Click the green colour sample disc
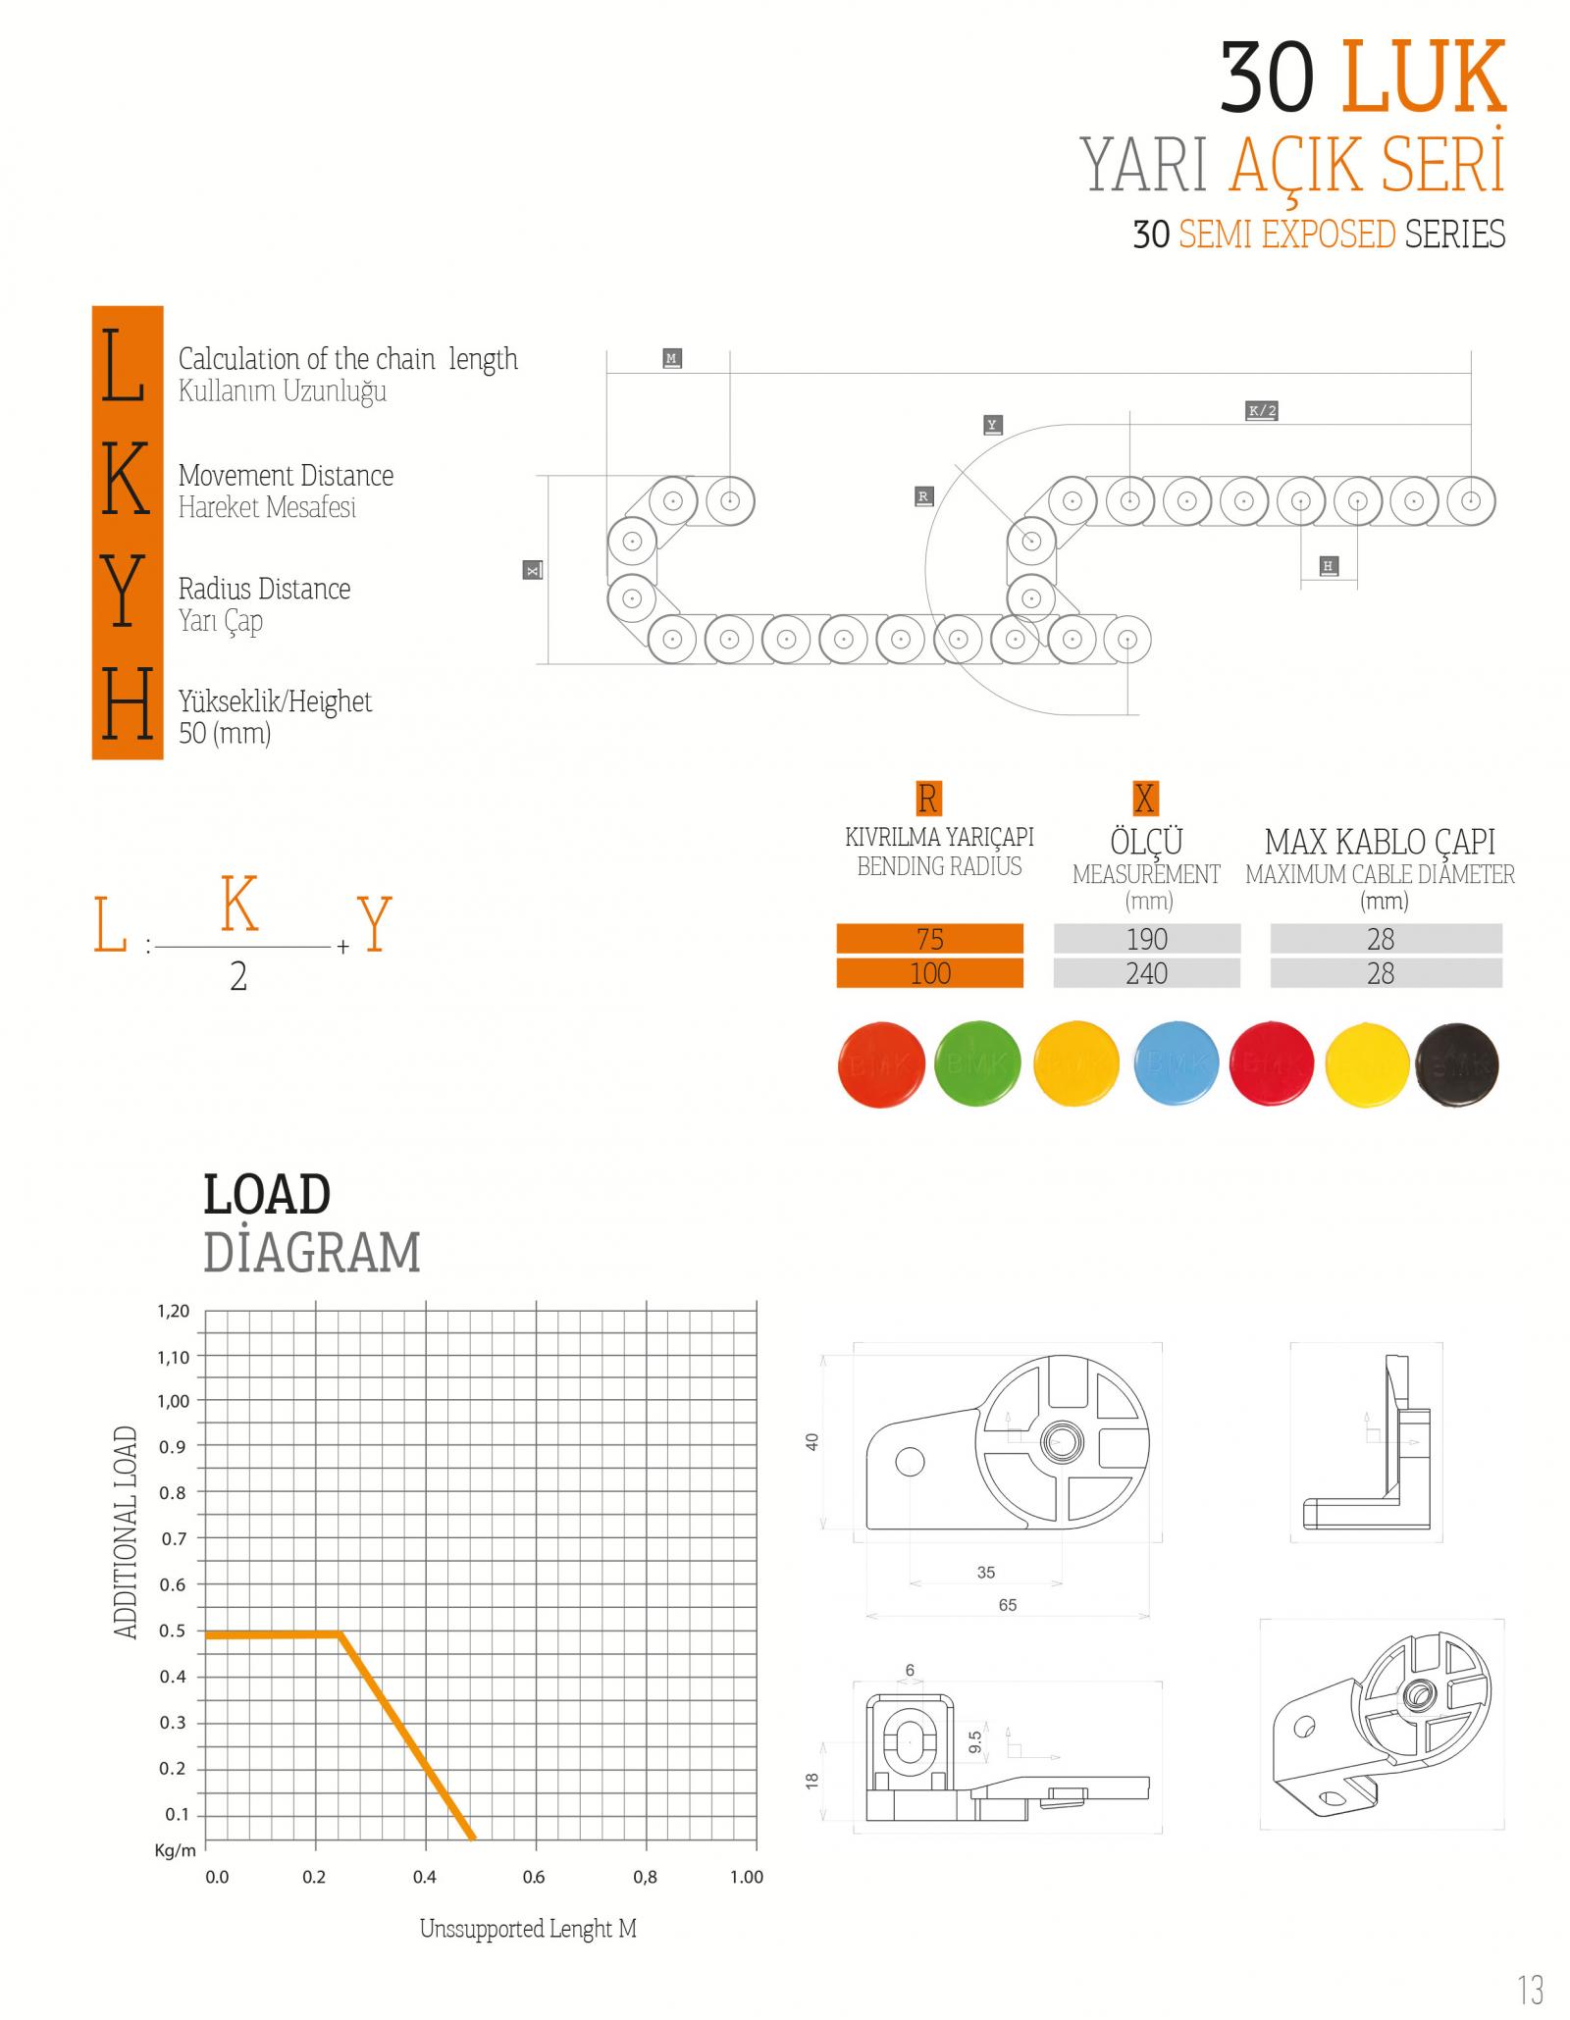click(x=977, y=1063)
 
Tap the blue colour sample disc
click(x=1175, y=1063)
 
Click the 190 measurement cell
click(x=1146, y=939)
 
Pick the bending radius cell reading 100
click(x=929, y=973)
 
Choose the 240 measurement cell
click(x=1146, y=973)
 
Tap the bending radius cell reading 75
click(x=929, y=939)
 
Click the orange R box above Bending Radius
click(x=927, y=799)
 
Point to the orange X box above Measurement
click(x=1144, y=799)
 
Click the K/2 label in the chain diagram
click(x=1261, y=410)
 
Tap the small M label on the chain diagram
click(x=671, y=358)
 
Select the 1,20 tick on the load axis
click(x=174, y=1311)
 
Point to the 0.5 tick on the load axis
click(x=173, y=1631)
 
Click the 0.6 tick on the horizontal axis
click(x=534, y=1877)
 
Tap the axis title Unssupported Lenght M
click(x=528, y=1929)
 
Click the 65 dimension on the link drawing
click(x=1008, y=1605)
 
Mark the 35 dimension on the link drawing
click(x=986, y=1573)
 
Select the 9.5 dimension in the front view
click(x=974, y=1742)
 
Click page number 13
click(x=1530, y=1989)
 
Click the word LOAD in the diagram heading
click(x=267, y=1195)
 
